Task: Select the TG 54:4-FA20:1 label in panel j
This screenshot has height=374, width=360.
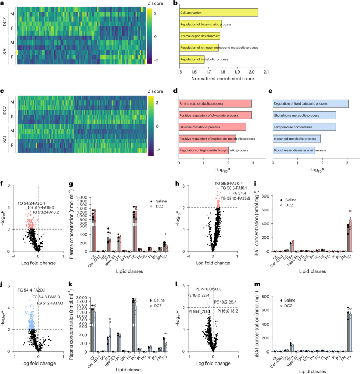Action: click(34, 289)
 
